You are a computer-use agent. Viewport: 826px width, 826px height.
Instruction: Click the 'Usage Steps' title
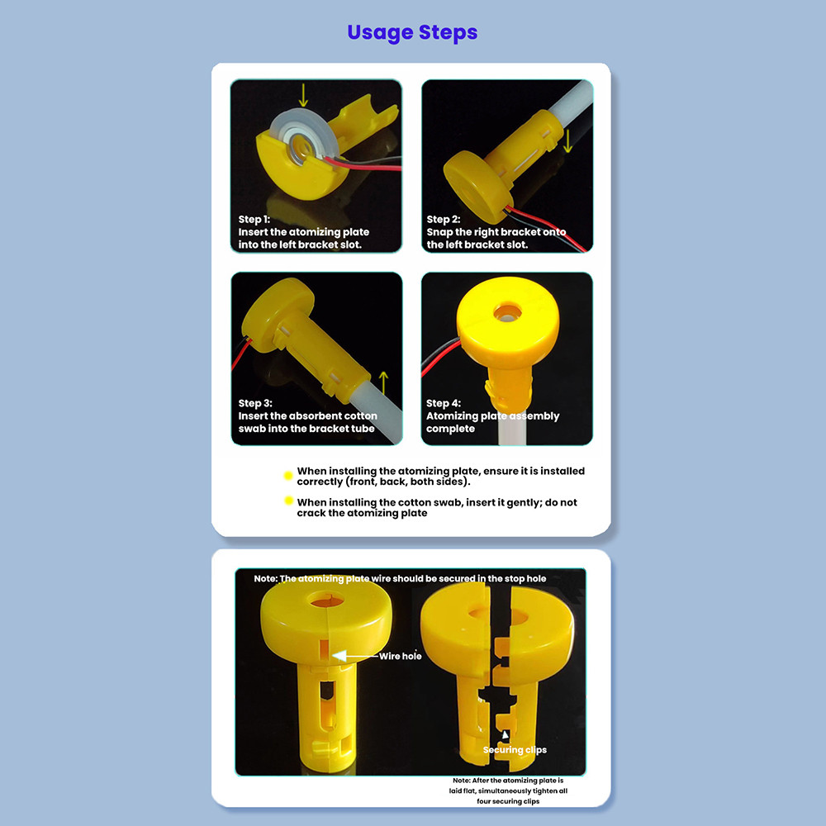point(412,33)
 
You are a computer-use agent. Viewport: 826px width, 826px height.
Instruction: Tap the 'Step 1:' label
point(254,219)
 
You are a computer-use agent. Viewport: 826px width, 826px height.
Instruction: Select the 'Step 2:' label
point(443,219)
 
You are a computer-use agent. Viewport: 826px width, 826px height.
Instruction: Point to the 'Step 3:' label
point(255,403)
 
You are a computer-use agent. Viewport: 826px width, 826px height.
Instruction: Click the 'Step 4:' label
point(444,403)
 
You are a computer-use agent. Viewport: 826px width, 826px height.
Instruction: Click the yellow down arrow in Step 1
point(303,94)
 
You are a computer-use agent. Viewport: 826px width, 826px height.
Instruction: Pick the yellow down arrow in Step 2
point(567,141)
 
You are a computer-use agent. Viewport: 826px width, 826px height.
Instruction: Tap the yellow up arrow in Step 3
point(383,383)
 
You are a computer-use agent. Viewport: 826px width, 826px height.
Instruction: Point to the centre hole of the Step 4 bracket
point(507,312)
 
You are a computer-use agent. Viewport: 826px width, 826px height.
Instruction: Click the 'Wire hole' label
point(401,656)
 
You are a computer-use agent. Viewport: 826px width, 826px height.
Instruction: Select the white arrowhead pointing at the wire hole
point(339,656)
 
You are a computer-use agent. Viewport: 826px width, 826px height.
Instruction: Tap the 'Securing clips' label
point(515,750)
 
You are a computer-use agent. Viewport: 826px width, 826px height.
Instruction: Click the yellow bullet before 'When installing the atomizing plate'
point(288,476)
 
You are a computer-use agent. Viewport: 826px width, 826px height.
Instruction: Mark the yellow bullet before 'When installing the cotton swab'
point(288,501)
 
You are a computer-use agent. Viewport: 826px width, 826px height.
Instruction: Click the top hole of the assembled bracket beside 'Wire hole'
point(326,600)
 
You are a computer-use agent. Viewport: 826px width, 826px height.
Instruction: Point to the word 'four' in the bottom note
point(483,801)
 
